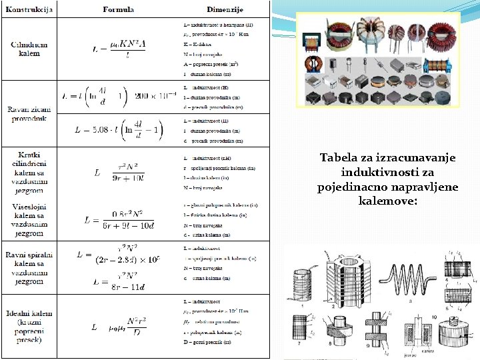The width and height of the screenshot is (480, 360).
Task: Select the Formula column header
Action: pyautogui.click(x=118, y=9)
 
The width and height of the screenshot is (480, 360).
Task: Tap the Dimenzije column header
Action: pyautogui.click(x=225, y=9)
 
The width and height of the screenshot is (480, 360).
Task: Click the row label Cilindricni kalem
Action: pyautogui.click(x=29, y=48)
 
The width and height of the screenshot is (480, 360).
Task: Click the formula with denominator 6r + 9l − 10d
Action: pyautogui.click(x=119, y=220)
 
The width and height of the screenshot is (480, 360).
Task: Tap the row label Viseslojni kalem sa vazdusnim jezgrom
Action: pyautogui.click(x=29, y=221)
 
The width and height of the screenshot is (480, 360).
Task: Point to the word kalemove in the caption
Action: pyautogui.click(x=387, y=200)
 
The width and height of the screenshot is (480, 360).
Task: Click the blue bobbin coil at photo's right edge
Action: pyautogui.click(x=443, y=65)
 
